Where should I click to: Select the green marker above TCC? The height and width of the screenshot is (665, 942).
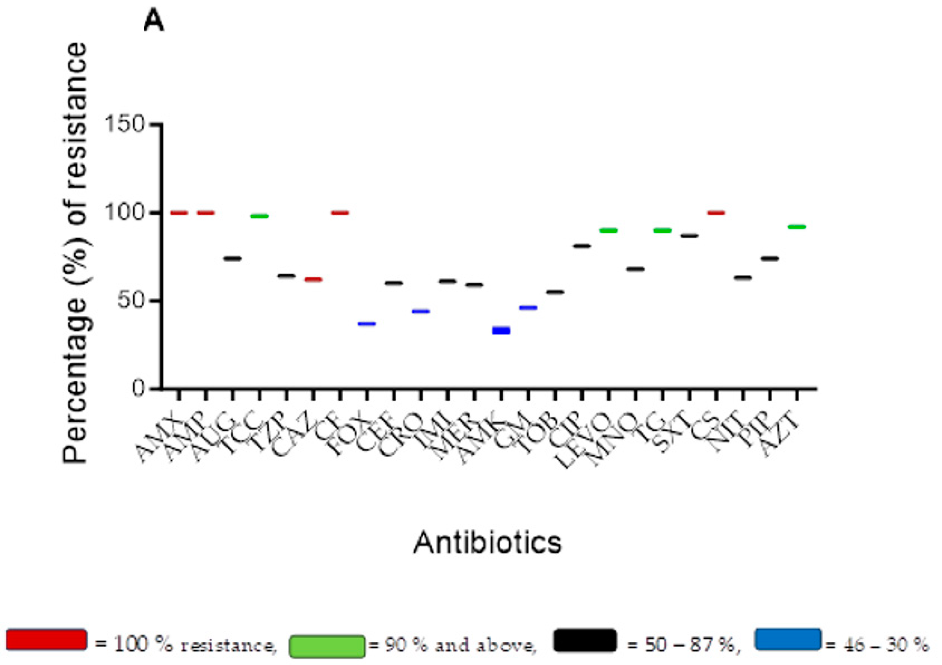point(259,216)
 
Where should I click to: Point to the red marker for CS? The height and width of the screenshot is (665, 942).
point(716,213)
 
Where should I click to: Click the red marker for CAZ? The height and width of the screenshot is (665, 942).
point(313,280)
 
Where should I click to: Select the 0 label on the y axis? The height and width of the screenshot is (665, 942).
point(140,388)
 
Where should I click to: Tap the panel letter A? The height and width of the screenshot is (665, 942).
point(154,23)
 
